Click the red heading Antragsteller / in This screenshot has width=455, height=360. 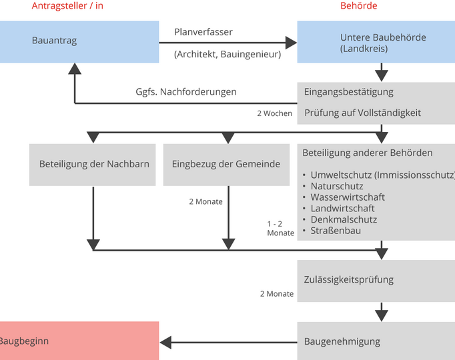(x=67, y=6)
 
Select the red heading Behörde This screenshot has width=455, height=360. (x=358, y=6)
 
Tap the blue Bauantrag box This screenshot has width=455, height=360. (x=79, y=41)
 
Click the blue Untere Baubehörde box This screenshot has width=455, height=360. (x=376, y=43)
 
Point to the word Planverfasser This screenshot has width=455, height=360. (x=203, y=32)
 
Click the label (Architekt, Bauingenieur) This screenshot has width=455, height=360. (x=227, y=55)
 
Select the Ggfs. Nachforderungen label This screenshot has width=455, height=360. (x=186, y=92)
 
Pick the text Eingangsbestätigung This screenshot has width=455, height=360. (x=348, y=92)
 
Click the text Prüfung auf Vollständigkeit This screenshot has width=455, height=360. (x=362, y=113)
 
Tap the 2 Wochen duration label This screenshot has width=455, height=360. (x=275, y=113)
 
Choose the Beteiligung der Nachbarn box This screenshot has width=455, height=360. (x=93, y=165)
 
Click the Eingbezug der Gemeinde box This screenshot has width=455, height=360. (x=226, y=165)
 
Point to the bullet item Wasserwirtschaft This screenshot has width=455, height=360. (x=347, y=197)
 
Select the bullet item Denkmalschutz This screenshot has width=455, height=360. (x=343, y=219)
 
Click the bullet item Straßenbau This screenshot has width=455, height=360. (x=336, y=231)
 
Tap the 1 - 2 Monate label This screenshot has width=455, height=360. (x=280, y=229)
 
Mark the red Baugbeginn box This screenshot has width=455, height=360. (x=79, y=341)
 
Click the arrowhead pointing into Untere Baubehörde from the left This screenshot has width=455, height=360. (x=291, y=43)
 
